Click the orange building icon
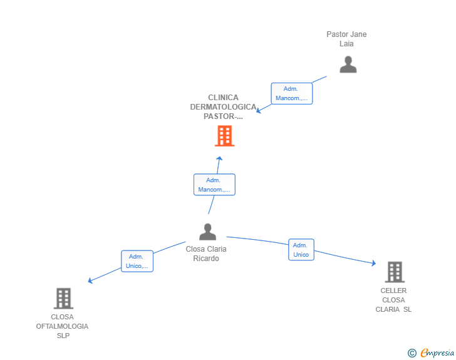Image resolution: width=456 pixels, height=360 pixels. [224, 136]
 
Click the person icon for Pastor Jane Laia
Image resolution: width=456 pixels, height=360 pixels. [348, 64]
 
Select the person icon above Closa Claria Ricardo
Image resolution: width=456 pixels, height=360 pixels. [208, 232]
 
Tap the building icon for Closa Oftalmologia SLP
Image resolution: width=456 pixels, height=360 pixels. [63, 299]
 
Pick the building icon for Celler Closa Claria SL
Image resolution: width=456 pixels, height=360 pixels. [395, 272]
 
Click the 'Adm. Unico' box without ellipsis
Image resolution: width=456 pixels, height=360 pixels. [301, 250]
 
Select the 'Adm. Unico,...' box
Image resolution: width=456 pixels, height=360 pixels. [137, 261]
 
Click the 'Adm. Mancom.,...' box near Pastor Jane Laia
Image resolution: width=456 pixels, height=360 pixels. [292, 93]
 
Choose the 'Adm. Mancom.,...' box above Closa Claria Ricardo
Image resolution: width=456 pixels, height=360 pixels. [214, 185]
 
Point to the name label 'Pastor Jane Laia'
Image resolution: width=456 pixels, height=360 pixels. [346, 39]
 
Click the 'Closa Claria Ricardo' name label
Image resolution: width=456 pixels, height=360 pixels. [206, 254]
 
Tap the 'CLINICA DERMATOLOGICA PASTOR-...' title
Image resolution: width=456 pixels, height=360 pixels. [223, 106]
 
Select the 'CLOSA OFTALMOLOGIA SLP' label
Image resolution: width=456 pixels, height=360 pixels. [62, 326]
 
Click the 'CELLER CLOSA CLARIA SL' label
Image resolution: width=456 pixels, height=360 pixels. [393, 300]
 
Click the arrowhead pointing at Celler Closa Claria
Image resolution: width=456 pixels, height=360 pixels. [374, 263]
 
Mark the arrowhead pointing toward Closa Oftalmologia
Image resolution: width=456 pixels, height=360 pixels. [90, 280]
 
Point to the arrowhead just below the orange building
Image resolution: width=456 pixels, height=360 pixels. [220, 158]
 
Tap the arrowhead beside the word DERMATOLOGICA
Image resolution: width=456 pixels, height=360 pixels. [258, 110]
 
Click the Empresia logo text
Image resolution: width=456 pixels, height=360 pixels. [437, 352]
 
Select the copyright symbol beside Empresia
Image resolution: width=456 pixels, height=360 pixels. [412, 353]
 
